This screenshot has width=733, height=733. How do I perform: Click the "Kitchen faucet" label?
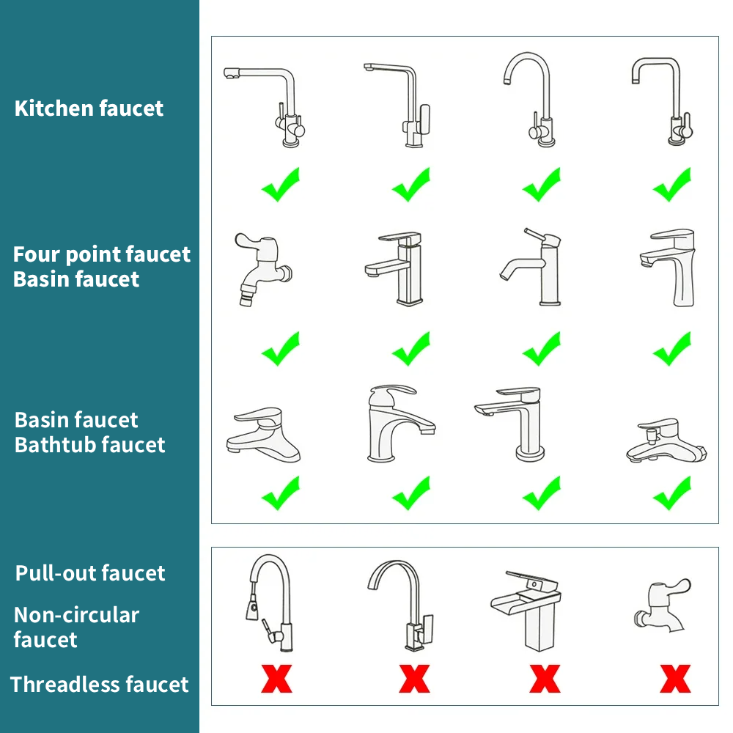(89, 108)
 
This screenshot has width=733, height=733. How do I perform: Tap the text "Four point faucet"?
(101, 254)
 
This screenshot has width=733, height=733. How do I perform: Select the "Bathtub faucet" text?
(89, 444)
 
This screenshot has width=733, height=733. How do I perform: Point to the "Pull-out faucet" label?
(90, 573)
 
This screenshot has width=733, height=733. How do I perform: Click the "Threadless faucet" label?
(99, 685)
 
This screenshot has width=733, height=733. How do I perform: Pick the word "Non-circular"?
(76, 615)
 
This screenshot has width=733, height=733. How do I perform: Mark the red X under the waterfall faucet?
(544, 679)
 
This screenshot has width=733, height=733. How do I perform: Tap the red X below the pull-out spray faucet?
(276, 679)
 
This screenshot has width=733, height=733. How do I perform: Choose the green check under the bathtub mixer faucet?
(672, 493)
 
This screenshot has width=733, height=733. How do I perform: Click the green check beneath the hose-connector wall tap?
(281, 349)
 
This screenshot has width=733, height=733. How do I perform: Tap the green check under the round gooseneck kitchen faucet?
(542, 185)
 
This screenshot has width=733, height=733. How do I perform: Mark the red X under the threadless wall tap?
(674, 679)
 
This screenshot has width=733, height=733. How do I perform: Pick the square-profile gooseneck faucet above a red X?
(403, 605)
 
